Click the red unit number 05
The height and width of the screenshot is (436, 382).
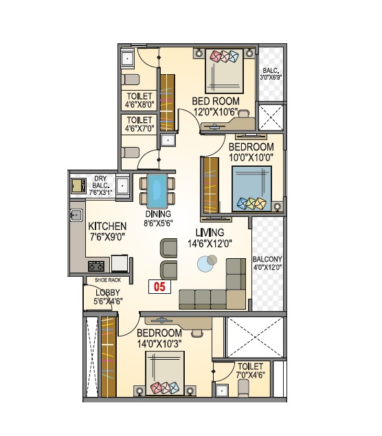pos(159,287)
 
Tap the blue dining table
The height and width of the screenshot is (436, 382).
pos(157,192)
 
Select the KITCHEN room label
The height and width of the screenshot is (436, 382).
pos(107,227)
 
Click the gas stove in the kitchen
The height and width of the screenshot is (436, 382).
pos(96,266)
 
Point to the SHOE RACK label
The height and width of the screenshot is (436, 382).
pos(108,280)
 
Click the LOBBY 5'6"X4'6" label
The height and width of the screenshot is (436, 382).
pos(108,297)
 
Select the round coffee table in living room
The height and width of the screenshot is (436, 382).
pos(207,263)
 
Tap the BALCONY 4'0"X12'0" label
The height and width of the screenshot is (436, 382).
pos(267,264)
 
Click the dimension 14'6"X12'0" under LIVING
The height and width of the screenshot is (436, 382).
pos(210,244)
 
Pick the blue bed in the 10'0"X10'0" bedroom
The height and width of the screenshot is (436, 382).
pos(251,189)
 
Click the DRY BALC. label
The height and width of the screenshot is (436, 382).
pos(100,182)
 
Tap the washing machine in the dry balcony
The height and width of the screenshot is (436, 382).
pos(78,186)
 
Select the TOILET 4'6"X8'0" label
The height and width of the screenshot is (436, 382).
pos(139,100)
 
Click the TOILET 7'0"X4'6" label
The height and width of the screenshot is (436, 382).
pos(250,370)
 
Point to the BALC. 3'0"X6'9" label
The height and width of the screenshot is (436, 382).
pos(269,74)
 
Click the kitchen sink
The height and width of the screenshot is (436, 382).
pos(76,215)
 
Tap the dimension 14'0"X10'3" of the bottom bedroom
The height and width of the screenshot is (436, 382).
pos(159,344)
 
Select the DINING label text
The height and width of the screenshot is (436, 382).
pos(158,214)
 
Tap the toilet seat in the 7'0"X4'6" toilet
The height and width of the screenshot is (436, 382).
pos(243,389)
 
